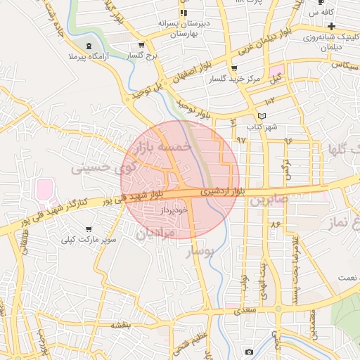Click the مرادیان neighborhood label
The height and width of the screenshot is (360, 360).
[x=150, y=233]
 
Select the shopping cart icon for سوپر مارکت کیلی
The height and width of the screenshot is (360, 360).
[x=89, y=229]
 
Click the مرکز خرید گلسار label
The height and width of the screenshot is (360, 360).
[x=233, y=79]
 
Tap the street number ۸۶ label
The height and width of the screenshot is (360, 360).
[x=274, y=224]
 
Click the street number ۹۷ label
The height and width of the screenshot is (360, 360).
[x=242, y=140]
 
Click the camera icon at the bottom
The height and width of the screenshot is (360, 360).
[x=249, y=352]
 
